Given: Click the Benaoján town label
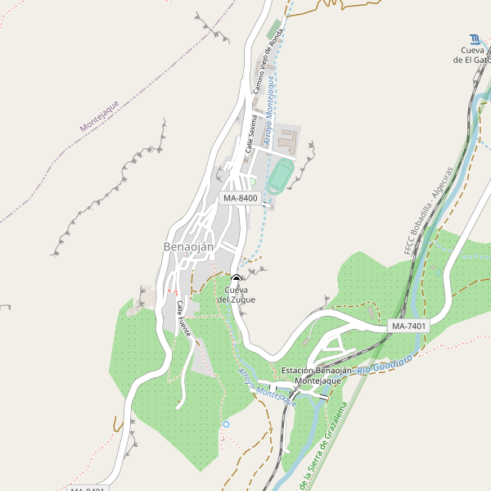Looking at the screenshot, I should [188, 247].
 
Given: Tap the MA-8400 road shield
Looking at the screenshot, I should [241, 198].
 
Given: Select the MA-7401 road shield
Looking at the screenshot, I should [408, 326].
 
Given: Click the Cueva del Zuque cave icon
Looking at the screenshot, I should [236, 278].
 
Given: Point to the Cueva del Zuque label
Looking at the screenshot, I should [236, 295].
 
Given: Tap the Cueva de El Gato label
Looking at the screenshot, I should [475, 54].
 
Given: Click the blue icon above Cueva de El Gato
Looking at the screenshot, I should [475, 38].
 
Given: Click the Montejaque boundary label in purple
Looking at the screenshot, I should [100, 116].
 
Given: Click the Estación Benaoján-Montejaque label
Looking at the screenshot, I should [317, 376].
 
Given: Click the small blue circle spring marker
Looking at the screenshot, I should [226, 424].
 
